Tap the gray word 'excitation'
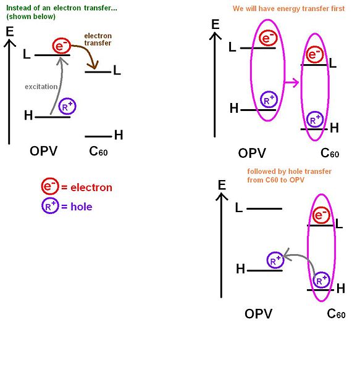pyautogui.click(x=40, y=86)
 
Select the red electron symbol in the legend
pyautogui.click(x=49, y=187)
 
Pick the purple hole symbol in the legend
pyautogui.click(x=49, y=207)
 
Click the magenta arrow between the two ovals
pyautogui.click(x=292, y=81)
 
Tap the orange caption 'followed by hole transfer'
pyautogui.click(x=289, y=171)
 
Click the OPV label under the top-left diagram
pyautogui.click(x=43, y=151)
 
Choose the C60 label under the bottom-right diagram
pyautogui.click(x=336, y=314)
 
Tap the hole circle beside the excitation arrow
pyautogui.click(x=67, y=107)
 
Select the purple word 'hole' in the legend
pyautogui.click(x=80, y=207)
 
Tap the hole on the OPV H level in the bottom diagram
pyautogui.click(x=275, y=261)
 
